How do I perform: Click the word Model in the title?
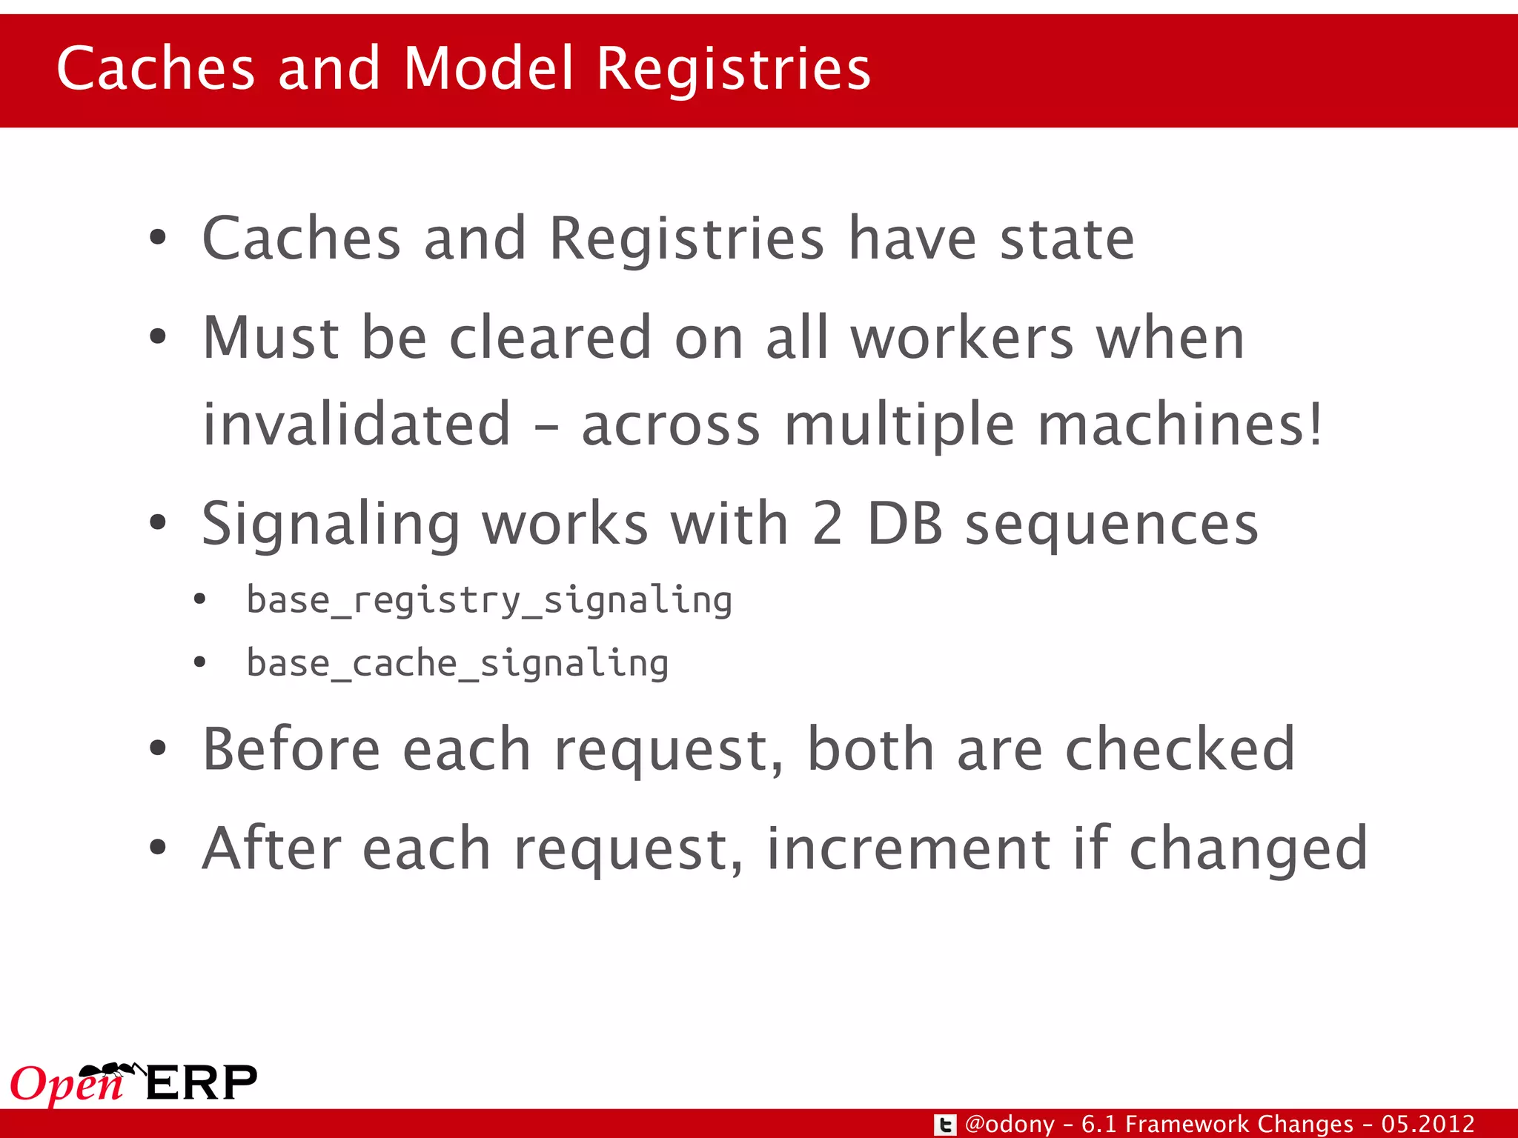click(488, 68)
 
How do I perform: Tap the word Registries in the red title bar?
click(733, 68)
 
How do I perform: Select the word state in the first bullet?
click(1067, 239)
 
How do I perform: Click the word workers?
click(962, 338)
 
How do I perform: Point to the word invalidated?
click(357, 424)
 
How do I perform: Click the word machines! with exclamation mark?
click(1179, 424)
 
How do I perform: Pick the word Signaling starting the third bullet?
click(331, 525)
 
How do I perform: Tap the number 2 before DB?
click(827, 525)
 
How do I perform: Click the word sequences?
click(1111, 525)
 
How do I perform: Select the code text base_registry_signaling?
click(488, 599)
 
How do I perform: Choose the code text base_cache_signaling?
click(457, 663)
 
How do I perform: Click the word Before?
click(291, 749)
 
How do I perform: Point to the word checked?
click(1179, 749)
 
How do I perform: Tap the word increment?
click(908, 848)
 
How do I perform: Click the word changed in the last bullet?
click(1247, 848)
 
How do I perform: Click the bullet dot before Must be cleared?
click(158, 338)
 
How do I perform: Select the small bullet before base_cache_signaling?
click(199, 662)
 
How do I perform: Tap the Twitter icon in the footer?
click(944, 1125)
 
